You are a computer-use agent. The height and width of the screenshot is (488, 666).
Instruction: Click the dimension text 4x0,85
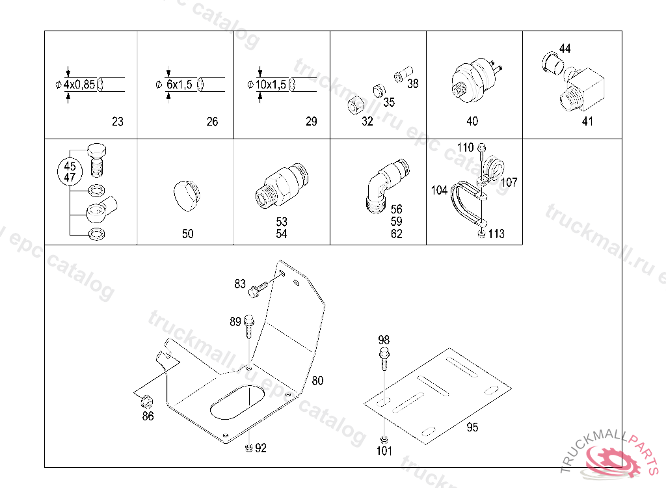coord(79,85)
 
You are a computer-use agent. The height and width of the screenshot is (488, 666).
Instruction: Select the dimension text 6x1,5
coord(179,85)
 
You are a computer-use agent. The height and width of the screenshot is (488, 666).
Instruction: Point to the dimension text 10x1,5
coord(271,85)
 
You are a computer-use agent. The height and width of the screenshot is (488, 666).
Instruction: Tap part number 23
coord(117,122)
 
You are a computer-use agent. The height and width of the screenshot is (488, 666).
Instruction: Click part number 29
coord(311,122)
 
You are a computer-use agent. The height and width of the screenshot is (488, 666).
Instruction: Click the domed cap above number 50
coord(187,195)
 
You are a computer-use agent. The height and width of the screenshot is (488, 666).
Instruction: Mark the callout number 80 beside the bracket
coord(317,381)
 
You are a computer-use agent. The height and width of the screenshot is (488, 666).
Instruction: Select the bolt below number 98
coord(384,358)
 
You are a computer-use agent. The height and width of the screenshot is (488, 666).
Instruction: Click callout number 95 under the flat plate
coord(472,427)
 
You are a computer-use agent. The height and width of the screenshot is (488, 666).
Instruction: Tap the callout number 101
coord(384,450)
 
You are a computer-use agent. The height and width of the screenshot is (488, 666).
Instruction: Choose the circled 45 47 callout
coord(69,171)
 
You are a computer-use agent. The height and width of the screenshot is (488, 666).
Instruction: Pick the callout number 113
coord(496,234)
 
